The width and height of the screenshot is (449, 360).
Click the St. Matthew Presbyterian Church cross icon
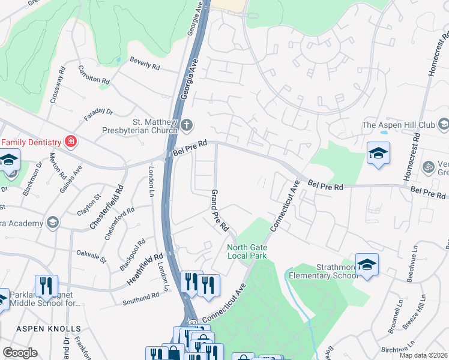[x=187, y=125]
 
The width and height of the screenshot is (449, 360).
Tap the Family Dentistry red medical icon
[x=71, y=142]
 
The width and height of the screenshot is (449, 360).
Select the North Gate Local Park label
[x=247, y=251]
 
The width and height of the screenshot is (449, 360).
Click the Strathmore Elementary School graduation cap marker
[x=367, y=264]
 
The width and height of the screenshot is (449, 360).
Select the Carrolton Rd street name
[x=94, y=74]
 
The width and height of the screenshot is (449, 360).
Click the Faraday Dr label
[x=98, y=115]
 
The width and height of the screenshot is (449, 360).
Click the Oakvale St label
[x=91, y=256]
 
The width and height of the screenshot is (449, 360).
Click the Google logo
[x=20, y=353]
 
